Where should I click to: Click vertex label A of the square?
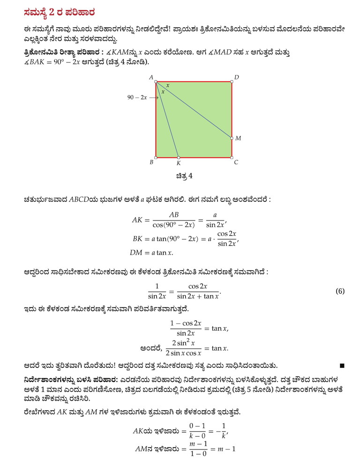[x=151, y=77]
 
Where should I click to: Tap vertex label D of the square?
[x=237, y=77]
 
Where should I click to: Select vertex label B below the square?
[x=151, y=163]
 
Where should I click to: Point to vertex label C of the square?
[x=236, y=163]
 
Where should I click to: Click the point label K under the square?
[x=179, y=164]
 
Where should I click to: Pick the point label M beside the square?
[x=238, y=138]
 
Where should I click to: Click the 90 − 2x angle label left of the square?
[x=137, y=98]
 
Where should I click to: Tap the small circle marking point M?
[x=232, y=138]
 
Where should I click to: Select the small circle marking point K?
[x=179, y=158]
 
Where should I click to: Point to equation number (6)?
[x=340, y=291]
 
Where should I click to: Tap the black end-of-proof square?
[x=342, y=365]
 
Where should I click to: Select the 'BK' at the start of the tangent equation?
[x=137, y=239]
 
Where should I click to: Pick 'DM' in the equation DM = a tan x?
[x=136, y=253]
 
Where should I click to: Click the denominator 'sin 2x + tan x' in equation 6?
[x=197, y=296]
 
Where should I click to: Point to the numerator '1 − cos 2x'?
[x=186, y=324]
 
